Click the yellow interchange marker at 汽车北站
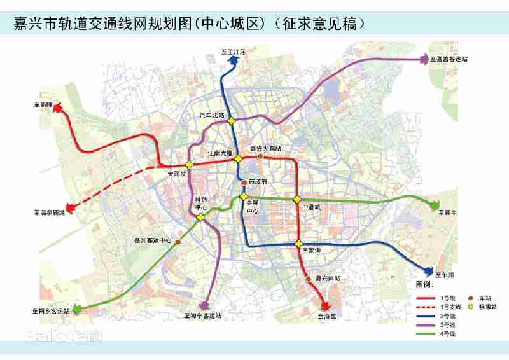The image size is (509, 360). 233,121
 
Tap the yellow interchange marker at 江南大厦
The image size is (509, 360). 237,158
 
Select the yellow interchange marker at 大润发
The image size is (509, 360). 189,165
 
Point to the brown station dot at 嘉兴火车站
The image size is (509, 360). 260,155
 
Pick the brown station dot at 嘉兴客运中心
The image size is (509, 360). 178,242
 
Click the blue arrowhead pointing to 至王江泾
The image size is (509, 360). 234,58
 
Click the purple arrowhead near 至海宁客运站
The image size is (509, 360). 204,307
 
